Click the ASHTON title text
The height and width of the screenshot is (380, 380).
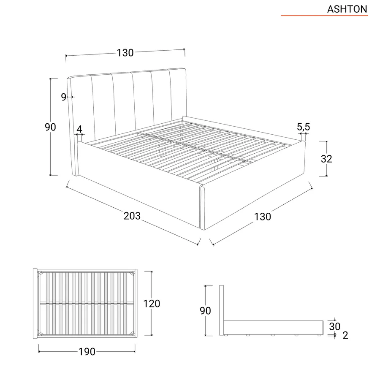pyautogui.click(x=347, y=9)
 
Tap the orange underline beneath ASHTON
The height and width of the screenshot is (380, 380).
pyautogui.click(x=324, y=16)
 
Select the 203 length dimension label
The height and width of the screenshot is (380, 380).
pyautogui.click(x=132, y=216)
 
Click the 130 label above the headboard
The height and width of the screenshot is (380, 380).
pyautogui.click(x=125, y=53)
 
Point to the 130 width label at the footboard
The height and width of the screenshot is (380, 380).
pyautogui.click(x=263, y=217)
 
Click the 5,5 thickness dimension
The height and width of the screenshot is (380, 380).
pyautogui.click(x=304, y=127)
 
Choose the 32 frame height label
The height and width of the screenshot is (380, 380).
pyautogui.click(x=326, y=159)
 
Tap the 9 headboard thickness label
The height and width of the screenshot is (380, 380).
pyautogui.click(x=63, y=97)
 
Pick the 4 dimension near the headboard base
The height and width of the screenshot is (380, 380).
pyautogui.click(x=79, y=130)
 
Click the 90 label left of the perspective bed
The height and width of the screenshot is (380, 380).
pyautogui.click(x=50, y=127)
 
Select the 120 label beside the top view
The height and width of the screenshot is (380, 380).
pyautogui.click(x=152, y=304)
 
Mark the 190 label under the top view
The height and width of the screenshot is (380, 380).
pyautogui.click(x=87, y=352)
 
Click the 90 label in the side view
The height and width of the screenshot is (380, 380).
pyautogui.click(x=205, y=311)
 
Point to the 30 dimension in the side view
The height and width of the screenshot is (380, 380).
pyautogui.click(x=335, y=326)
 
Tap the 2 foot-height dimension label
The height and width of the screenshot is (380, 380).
pyautogui.click(x=345, y=335)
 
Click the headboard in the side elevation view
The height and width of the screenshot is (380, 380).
pyautogui.click(x=221, y=310)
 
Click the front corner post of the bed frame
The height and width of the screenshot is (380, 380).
pyautogui.click(x=202, y=207)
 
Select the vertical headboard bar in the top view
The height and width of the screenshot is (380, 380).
pyautogui.click(x=35, y=304)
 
